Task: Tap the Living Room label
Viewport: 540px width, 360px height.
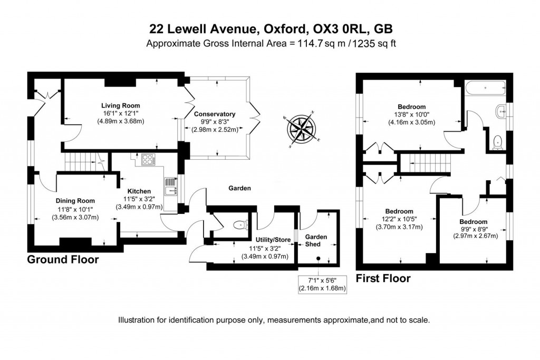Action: click(x=121, y=105)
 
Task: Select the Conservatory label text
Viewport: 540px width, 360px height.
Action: click(x=214, y=114)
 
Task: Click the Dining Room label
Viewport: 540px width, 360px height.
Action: click(x=75, y=200)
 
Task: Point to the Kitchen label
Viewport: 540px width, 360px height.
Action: click(x=139, y=191)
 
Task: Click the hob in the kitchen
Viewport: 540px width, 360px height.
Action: click(x=148, y=159)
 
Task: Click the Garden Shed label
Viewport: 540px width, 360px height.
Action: click(x=316, y=240)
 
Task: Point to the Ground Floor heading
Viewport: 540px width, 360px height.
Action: click(x=63, y=260)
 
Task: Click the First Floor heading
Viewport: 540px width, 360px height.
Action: click(x=383, y=278)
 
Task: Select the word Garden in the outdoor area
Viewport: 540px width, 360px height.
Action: click(x=239, y=188)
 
